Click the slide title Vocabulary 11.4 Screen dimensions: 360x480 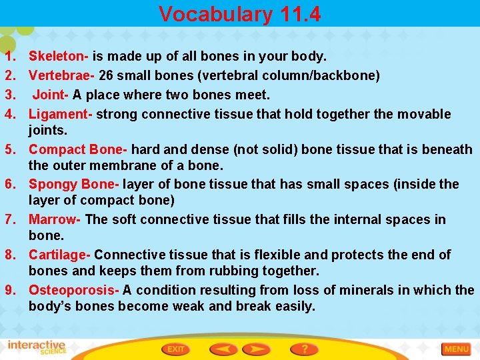pos(240,14)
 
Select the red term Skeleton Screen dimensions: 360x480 pos(58,56)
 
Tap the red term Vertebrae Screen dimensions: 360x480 pos(60,75)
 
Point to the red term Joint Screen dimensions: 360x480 pos(51,95)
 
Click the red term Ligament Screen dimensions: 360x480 pos(60,114)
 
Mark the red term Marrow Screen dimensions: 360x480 pos(53,219)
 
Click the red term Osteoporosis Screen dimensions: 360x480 pos(72,290)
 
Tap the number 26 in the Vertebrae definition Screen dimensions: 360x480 pos(106,75)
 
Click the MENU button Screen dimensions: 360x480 pos(456,349)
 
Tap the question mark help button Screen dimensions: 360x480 pos(304,349)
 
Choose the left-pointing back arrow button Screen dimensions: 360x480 pos(224,349)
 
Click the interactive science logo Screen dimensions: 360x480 pos(37,348)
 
